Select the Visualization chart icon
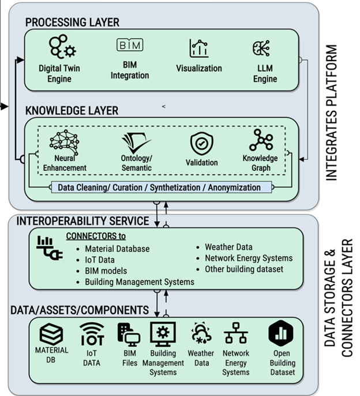pyautogui.click(x=198, y=48)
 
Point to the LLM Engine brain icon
pyautogui.click(x=263, y=48)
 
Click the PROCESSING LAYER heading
pyautogui.click(x=72, y=23)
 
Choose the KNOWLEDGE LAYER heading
pyautogui.click(x=72, y=110)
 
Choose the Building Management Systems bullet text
pyautogui.click(x=139, y=282)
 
